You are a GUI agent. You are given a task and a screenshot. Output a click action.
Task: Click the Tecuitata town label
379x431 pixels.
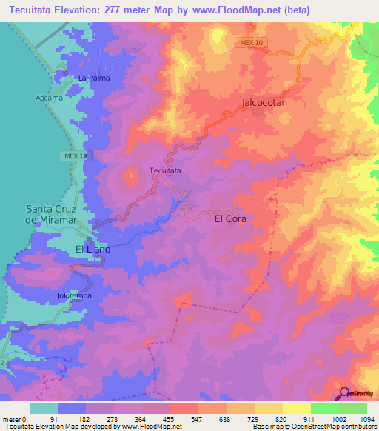pyautogui.click(x=165, y=170)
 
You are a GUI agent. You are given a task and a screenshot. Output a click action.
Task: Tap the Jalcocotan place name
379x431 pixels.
pyautogui.click(x=264, y=104)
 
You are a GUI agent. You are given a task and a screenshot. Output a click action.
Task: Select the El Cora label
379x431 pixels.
pyautogui.click(x=229, y=219)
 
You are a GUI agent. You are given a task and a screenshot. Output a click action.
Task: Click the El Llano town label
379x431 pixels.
pyautogui.click(x=93, y=250)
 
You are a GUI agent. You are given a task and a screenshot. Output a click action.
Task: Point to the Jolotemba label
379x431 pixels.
pyautogui.click(x=73, y=296)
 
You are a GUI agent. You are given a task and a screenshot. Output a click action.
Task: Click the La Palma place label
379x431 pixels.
pyautogui.click(x=93, y=77)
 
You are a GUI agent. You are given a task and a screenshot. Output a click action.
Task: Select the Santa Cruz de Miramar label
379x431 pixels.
pyautogui.click(x=52, y=215)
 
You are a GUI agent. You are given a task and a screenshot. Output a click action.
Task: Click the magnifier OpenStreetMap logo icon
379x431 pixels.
pyautogui.click(x=344, y=393)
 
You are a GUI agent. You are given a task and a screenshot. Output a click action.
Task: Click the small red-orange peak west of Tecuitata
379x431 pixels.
pyautogui.click(x=131, y=176)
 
